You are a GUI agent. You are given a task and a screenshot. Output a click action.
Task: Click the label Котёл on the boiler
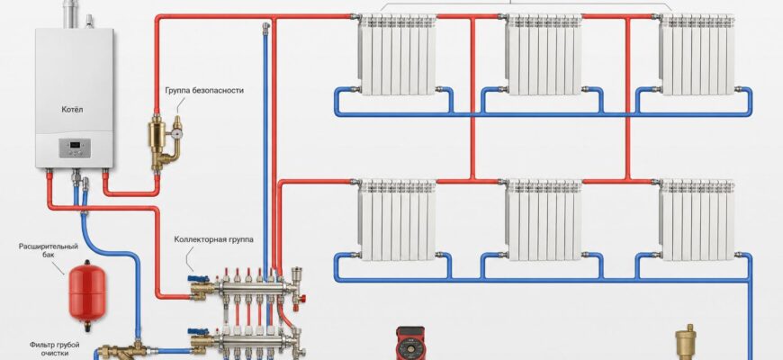pyautogui.click(x=72, y=109)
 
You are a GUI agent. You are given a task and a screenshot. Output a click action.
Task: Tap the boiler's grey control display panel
pyautogui.click(x=75, y=148)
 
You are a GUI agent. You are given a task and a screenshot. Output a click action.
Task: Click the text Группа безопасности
pyautogui.click(x=204, y=90)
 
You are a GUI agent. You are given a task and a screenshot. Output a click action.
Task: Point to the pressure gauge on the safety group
pyautogui.click(x=177, y=133)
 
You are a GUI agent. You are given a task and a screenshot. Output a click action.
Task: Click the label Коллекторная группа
pyautogui.click(x=213, y=239)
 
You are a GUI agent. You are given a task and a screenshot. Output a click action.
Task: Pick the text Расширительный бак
pyautogui.click(x=49, y=250)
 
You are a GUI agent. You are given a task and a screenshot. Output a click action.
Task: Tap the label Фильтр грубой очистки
pyautogui.click(x=54, y=348)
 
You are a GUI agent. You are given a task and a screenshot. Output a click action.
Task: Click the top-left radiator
pyautogui.click(x=397, y=54)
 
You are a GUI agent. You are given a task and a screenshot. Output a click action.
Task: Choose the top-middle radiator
pyautogui.click(x=544, y=54)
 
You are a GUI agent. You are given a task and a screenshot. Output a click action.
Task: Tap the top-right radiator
pyautogui.click(x=697, y=54)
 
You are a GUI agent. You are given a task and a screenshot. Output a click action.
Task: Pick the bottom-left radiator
pyautogui.click(x=397, y=220)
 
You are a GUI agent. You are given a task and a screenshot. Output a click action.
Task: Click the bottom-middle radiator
pyautogui.click(x=544, y=220)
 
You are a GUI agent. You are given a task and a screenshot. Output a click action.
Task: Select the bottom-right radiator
pyautogui.click(x=697, y=220)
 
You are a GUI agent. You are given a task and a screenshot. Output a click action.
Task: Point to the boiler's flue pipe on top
pyautogui.click(x=69, y=14)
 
